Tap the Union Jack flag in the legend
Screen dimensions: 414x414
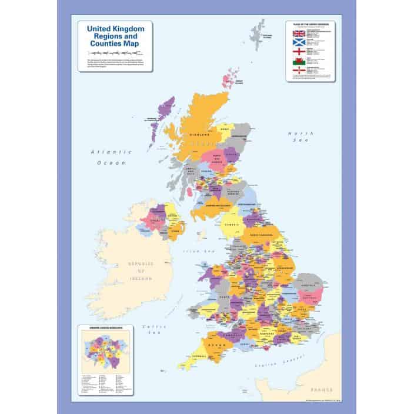297,33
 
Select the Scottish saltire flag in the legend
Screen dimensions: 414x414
297,45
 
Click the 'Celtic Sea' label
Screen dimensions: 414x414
154,329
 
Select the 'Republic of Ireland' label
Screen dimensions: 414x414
140,272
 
